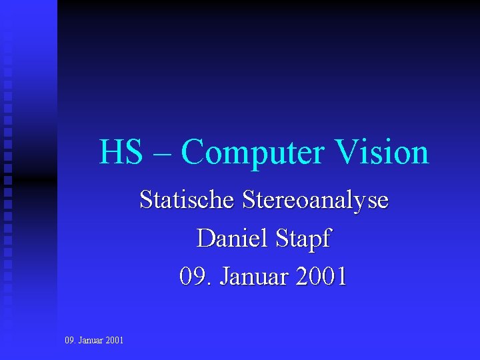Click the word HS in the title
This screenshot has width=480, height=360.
coord(121,152)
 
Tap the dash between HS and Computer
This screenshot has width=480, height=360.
coord(161,155)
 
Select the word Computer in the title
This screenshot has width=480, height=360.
coord(253,153)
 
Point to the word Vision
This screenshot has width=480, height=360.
coord(381,152)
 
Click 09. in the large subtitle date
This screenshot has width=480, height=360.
coord(193,276)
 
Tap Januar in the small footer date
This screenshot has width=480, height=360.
coord(91,341)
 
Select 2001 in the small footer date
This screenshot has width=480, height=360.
coord(115,341)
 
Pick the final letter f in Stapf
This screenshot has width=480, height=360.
coord(325,239)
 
